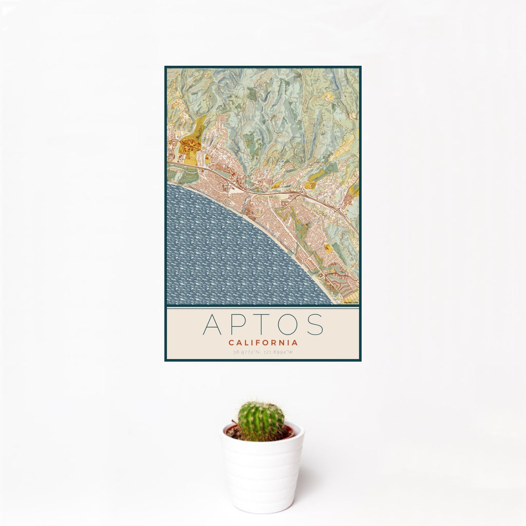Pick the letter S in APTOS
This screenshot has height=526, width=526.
(x=314, y=324)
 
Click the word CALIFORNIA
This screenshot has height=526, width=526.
(x=263, y=343)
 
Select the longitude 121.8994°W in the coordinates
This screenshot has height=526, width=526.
(x=278, y=352)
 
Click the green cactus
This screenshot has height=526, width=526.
(x=260, y=421)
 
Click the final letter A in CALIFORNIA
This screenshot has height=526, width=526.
(x=295, y=343)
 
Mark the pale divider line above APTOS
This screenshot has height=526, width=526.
(x=263, y=307)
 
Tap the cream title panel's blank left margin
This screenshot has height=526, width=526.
(x=180, y=334)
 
